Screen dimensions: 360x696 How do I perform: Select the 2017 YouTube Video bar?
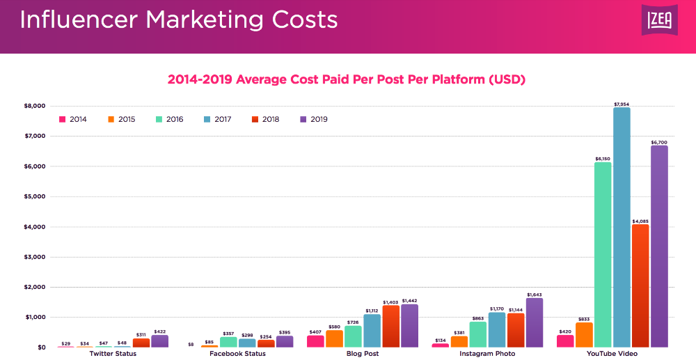pos(622,227)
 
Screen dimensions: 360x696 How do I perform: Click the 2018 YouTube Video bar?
pos(640,285)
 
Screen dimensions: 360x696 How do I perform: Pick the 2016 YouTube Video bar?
pos(603,254)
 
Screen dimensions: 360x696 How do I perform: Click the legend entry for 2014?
pos(73,119)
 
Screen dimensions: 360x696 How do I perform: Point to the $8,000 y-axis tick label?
pos(35,106)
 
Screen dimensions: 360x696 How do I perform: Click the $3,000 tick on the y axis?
pos(35,257)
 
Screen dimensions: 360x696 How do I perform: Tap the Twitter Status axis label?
pos(113,354)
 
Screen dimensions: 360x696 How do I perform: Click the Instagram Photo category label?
pos(488,354)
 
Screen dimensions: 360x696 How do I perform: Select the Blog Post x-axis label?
pos(363,354)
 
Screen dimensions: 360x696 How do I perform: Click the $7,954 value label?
pos(622,104)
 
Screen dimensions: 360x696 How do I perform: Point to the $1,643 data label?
pos(535,295)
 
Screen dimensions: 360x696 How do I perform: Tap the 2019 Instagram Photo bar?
pos(535,322)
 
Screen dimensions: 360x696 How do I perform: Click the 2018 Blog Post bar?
pos(391,326)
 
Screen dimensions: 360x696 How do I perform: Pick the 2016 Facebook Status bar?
pos(228,342)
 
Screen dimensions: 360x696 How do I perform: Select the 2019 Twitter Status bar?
pos(160,341)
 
